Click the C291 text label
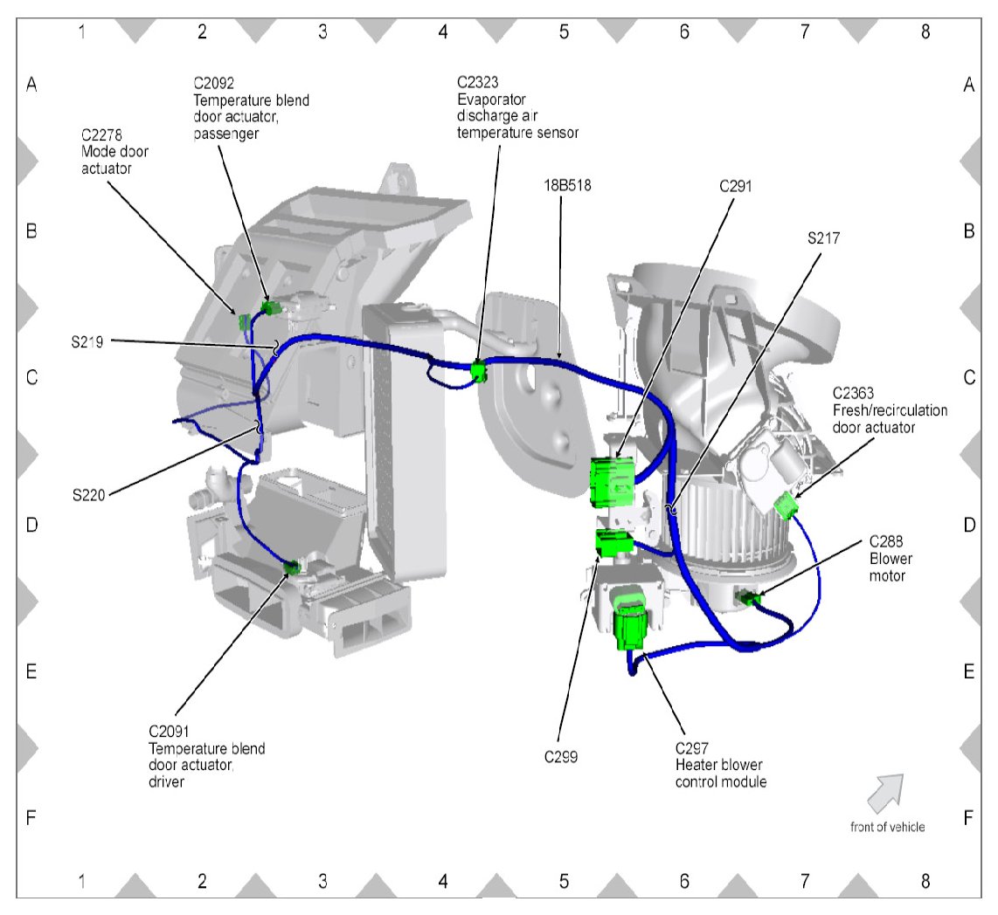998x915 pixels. tap(735, 185)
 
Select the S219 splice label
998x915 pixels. tap(88, 342)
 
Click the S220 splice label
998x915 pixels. tap(88, 495)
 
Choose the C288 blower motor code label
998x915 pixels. tap(887, 540)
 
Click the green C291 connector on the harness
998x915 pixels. tap(613, 480)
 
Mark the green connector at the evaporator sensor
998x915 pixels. tap(478, 371)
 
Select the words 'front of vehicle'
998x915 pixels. tap(887, 827)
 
